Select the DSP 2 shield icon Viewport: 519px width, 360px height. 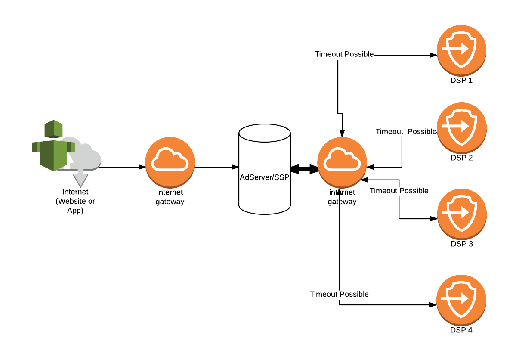point(462,127)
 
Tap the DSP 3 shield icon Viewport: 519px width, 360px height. point(462,213)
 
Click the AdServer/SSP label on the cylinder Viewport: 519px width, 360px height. point(264,177)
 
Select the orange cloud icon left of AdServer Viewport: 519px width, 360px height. point(170,161)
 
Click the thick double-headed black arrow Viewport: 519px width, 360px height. point(304,169)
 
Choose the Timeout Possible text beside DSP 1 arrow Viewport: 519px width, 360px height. point(344,54)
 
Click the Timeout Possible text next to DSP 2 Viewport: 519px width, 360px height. point(406,132)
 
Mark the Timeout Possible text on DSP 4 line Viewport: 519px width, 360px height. point(339,294)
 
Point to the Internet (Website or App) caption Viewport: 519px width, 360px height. point(75,201)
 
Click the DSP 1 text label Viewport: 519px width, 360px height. point(461,80)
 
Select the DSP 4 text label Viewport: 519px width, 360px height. point(461,330)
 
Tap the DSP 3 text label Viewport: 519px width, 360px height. point(462,244)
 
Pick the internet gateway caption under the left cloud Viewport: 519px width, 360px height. point(170,197)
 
